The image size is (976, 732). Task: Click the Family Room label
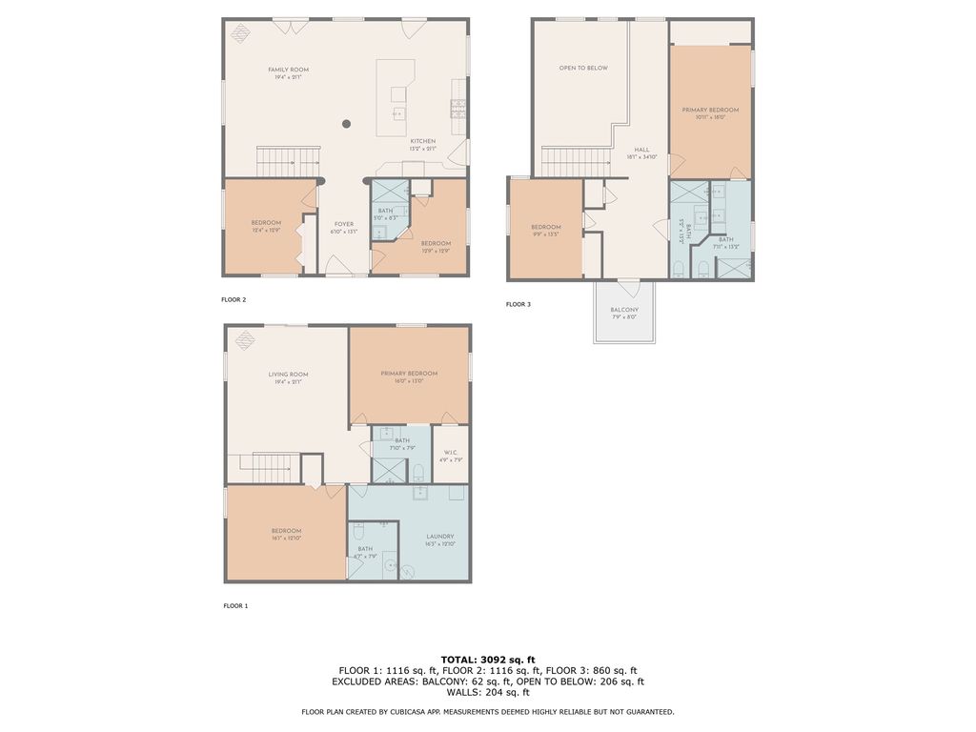[288, 70]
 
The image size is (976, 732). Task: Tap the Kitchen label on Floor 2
[422, 141]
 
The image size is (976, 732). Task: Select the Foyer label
[344, 224]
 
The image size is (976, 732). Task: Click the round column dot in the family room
[347, 123]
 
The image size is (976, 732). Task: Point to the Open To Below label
[582, 68]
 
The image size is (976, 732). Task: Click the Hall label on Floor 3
[641, 151]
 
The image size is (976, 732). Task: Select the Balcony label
[624, 310]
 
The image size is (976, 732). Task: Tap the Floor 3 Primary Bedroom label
[710, 110]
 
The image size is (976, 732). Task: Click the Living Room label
[288, 375]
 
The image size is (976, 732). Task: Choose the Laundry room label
[440, 536]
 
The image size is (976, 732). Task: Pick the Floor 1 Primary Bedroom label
[409, 374]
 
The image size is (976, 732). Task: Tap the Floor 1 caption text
[235, 605]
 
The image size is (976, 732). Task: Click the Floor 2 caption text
[234, 299]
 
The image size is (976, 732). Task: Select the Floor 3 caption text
[518, 304]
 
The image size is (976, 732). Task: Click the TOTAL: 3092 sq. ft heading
[488, 660]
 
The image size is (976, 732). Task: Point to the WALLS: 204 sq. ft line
[488, 693]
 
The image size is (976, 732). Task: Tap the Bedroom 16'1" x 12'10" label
[286, 531]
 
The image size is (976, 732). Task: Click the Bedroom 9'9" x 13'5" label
[545, 227]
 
